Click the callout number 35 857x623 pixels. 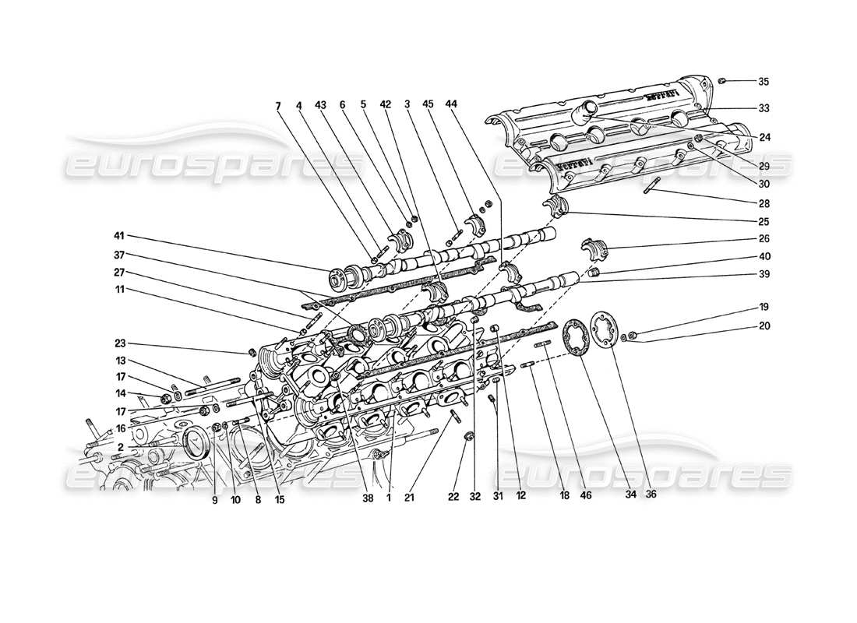point(763,82)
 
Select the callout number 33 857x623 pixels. point(763,107)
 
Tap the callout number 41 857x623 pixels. point(118,235)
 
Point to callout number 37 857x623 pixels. point(118,255)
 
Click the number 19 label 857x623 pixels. point(763,307)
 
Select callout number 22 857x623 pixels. point(454,493)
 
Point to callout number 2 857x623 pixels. point(122,446)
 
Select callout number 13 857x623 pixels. point(121,361)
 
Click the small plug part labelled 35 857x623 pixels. point(722,80)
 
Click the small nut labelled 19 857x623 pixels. point(633,335)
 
